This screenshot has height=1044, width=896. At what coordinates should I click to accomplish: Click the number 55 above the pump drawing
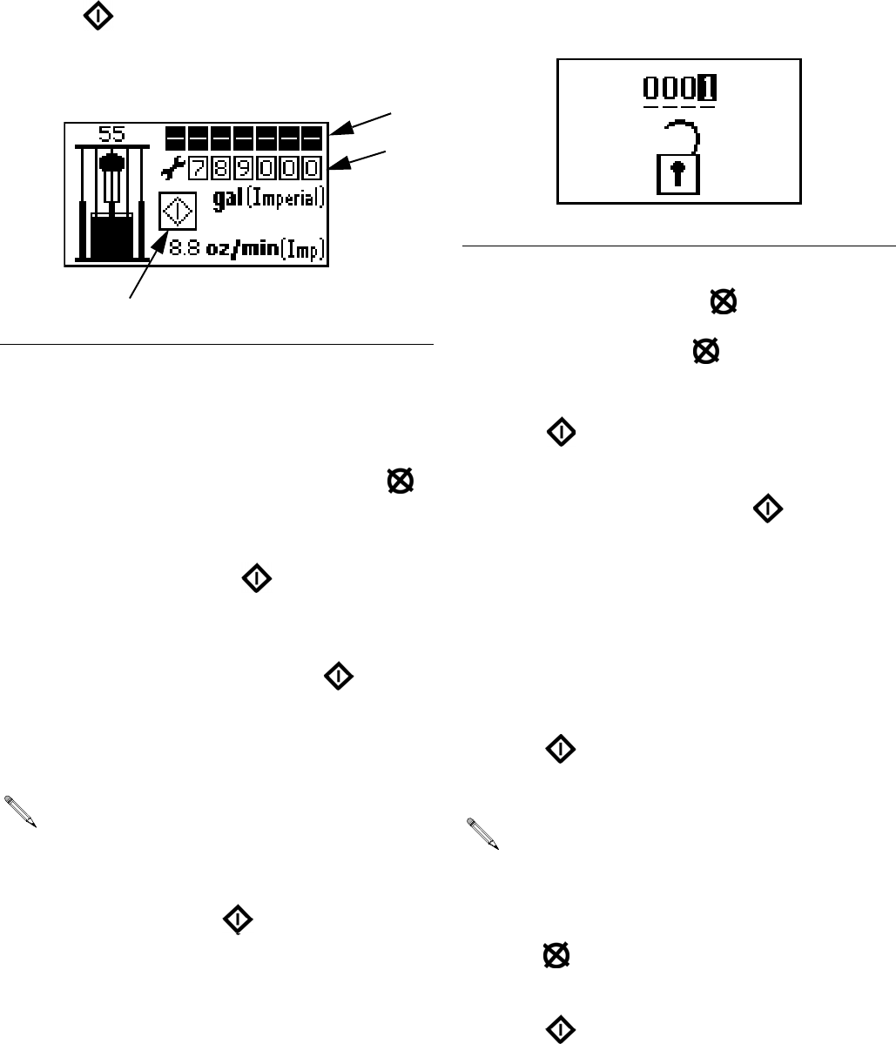click(111, 134)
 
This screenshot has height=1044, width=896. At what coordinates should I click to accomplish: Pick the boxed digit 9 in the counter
click(246, 167)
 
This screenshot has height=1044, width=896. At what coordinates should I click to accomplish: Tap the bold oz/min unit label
click(239, 252)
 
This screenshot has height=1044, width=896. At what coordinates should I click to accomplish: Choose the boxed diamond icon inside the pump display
click(178, 212)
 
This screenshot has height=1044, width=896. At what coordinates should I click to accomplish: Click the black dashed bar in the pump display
click(245, 138)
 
